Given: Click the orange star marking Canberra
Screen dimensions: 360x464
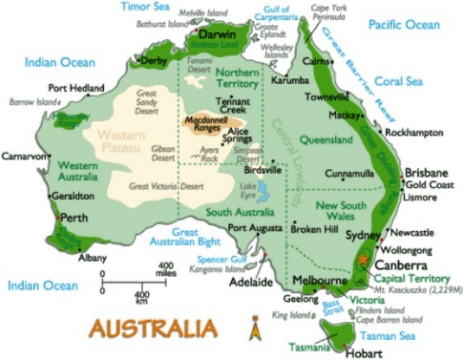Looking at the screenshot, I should (362, 258).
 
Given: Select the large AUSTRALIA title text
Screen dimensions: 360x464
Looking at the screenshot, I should (153, 329).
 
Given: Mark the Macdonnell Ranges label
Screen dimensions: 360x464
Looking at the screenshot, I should (205, 123).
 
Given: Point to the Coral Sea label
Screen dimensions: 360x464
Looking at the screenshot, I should (398, 81).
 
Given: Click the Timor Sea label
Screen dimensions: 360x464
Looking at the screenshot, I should (146, 7).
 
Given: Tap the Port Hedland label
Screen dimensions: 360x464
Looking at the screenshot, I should (76, 88).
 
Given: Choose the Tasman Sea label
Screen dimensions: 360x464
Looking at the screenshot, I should (387, 336).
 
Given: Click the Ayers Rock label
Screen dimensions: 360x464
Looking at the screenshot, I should (210, 154).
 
